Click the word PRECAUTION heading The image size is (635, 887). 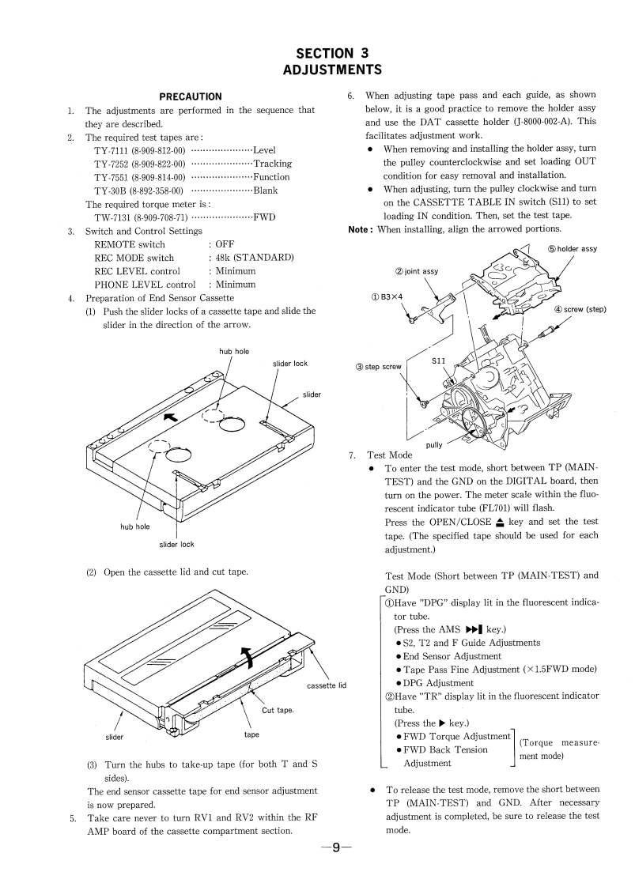pyautogui.click(x=191, y=96)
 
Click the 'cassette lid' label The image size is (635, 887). pyautogui.click(x=327, y=685)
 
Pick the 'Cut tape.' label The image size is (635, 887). pyautogui.click(x=278, y=709)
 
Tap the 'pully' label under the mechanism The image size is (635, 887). pyautogui.click(x=434, y=445)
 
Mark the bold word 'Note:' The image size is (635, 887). pyautogui.click(x=361, y=229)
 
